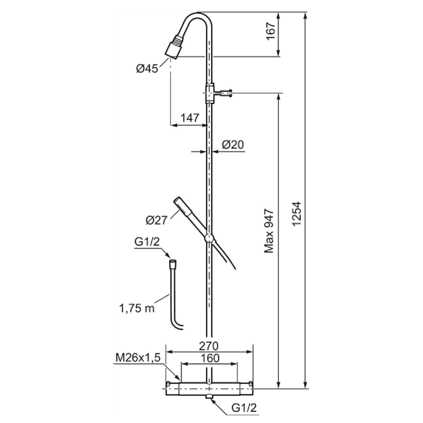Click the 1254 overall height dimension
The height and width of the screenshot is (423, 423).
coord(296,214)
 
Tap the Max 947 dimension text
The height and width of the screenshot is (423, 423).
coord(269,231)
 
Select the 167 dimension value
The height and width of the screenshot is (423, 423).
coord(271,31)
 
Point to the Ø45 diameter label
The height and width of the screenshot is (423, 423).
coord(147,68)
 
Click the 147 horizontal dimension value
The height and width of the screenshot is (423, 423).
coord(190,118)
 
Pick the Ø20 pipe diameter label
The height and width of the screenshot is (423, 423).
coord(233,145)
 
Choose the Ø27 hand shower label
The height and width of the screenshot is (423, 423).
coord(157,220)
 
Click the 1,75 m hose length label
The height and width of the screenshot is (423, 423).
coord(137,308)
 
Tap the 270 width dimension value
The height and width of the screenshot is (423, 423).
coord(208,346)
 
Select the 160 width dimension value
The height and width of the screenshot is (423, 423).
coord(210,358)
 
